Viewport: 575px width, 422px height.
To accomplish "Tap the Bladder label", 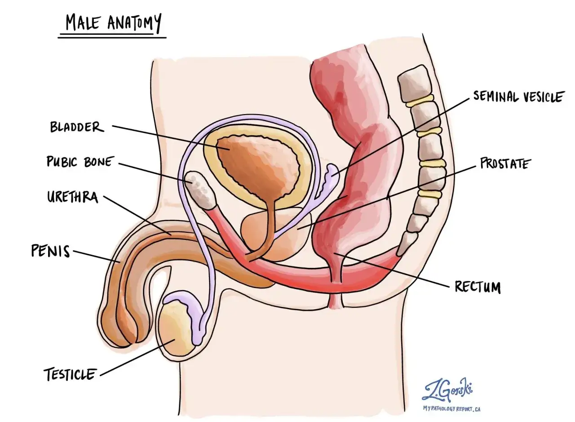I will [76, 127].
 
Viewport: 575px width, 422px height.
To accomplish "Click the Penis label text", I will [50, 251].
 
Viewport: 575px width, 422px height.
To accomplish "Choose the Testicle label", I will [70, 374].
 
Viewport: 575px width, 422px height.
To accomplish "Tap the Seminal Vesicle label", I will [517, 96].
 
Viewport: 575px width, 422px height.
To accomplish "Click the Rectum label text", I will [478, 287].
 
